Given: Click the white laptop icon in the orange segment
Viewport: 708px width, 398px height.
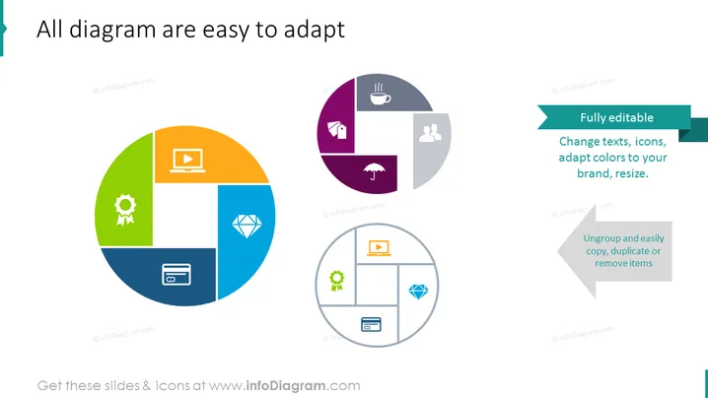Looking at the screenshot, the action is coord(187,161).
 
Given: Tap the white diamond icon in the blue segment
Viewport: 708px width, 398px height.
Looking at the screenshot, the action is coord(247,226).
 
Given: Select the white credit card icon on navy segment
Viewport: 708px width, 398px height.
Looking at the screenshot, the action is coord(177,274).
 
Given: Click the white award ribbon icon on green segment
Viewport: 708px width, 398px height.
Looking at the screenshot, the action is coord(125,210).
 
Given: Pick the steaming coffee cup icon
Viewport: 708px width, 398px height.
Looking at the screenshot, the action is coord(381,95).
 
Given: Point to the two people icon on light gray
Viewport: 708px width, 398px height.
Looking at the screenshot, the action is coord(430,133).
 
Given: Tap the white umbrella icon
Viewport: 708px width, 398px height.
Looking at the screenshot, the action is coord(375,171).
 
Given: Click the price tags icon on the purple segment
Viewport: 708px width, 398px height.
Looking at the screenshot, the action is coord(337,130).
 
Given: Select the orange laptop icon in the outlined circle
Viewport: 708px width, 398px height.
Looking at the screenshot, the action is coord(379,247).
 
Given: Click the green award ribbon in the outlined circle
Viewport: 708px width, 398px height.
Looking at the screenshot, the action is coord(336,281).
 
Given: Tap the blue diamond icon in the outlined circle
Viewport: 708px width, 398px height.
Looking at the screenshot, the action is coord(418,292).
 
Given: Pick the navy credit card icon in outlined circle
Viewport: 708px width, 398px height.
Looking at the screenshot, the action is coord(371,324).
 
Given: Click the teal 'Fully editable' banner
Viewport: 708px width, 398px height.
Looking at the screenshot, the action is coord(614,117).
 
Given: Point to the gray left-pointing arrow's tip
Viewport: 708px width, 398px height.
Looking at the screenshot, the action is coord(558,251).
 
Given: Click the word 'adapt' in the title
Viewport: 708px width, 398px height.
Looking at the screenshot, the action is coord(314,30).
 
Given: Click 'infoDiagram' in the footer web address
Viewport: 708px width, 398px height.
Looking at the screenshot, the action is coord(285,386).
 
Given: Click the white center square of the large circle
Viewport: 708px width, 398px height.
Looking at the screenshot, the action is coord(185,215).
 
